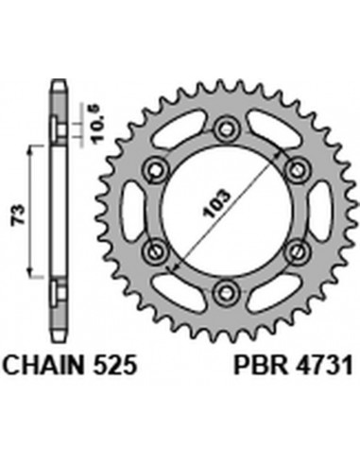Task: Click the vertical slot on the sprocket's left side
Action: coord(135,210)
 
